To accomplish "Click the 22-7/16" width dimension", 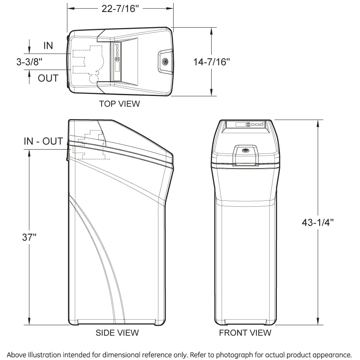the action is [x=120, y=8].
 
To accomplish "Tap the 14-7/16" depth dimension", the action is [x=211, y=62].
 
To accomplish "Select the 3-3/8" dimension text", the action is [x=29, y=62].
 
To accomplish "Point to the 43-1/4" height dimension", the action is [x=318, y=222].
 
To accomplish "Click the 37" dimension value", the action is [x=29, y=237].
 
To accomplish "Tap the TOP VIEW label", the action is [x=119, y=104].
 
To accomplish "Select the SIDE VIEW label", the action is [x=117, y=333].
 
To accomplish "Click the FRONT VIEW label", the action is [x=245, y=333].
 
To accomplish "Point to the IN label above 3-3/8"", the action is [x=48, y=46].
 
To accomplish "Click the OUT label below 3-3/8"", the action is [x=48, y=78].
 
